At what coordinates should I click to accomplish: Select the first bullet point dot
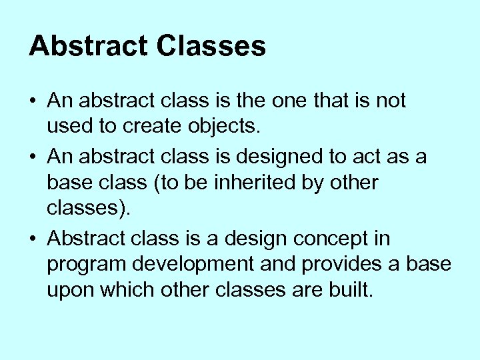[x=33, y=102]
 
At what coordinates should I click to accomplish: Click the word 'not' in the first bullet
[x=391, y=102]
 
